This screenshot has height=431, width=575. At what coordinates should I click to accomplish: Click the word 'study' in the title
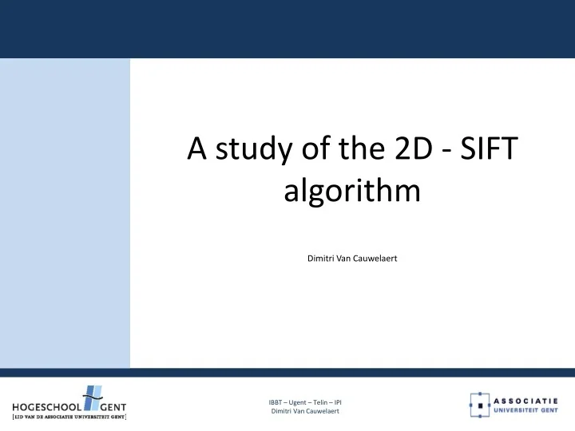239,148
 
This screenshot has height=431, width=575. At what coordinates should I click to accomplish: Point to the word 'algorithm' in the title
352,194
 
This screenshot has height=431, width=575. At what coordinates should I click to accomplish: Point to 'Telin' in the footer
325,401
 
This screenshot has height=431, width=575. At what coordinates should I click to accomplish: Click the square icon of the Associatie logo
479,405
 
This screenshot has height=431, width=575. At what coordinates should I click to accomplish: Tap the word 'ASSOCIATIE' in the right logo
526,400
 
